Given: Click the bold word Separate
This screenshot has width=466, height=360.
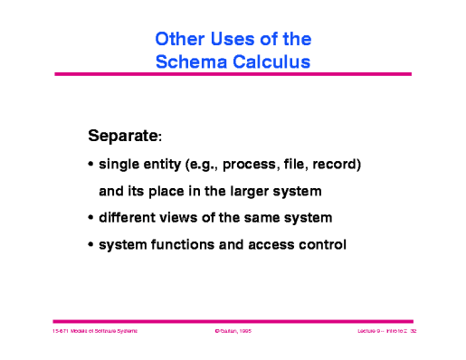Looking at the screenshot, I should tap(123, 137).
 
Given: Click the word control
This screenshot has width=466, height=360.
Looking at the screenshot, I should tap(320, 244).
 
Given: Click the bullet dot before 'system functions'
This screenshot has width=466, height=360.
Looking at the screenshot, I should tap(90, 244).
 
